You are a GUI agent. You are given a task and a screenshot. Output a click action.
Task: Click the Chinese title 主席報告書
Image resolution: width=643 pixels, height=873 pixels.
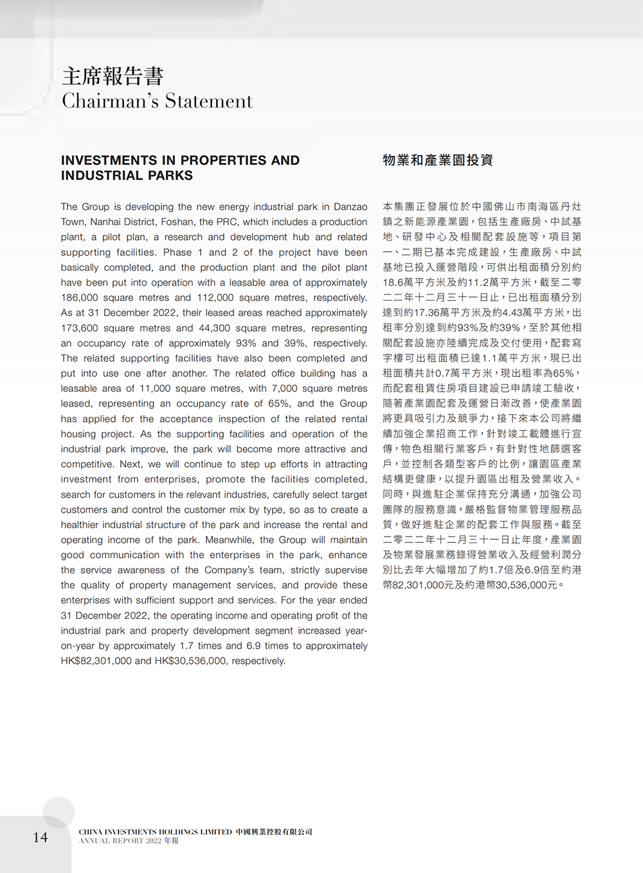point(113,76)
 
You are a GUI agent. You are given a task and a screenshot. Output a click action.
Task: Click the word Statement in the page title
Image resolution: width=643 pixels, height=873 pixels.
point(209,101)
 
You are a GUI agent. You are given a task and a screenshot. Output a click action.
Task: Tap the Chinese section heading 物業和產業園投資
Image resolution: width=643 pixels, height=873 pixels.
point(438,160)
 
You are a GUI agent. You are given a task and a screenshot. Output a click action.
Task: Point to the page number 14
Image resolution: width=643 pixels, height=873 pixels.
point(40,837)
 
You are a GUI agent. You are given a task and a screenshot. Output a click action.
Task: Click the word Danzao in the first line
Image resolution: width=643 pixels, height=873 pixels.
point(350,207)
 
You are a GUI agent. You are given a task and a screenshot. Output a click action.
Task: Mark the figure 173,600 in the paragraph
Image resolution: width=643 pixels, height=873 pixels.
point(80,328)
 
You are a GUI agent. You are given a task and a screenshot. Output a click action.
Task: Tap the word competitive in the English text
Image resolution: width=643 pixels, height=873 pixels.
point(87,464)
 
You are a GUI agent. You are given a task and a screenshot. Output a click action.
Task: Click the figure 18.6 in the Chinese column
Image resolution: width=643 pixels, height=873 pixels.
point(393,282)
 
